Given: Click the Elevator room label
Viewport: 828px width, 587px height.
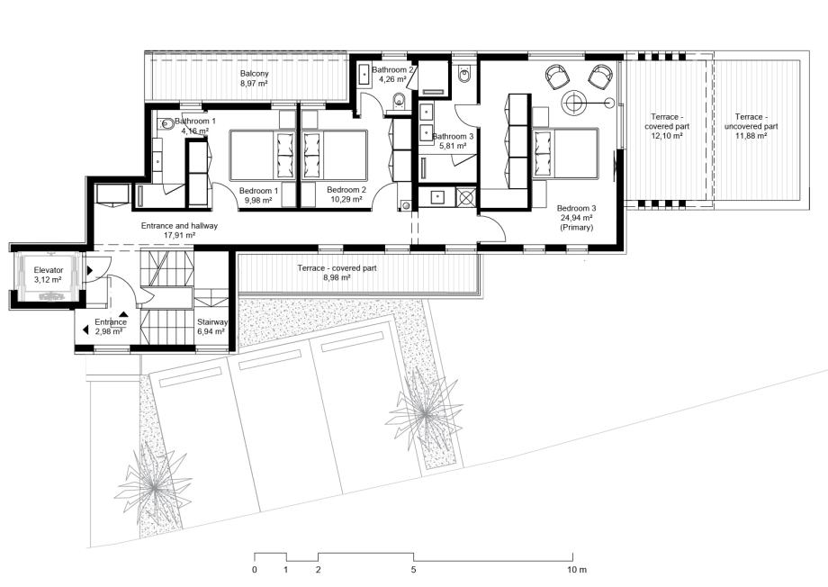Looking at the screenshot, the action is click(x=49, y=275).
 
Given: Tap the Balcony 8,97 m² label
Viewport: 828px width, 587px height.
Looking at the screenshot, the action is click(x=254, y=78).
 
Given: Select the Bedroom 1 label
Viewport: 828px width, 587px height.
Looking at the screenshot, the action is click(x=258, y=195).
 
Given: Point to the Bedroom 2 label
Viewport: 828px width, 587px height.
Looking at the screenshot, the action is click(x=346, y=194).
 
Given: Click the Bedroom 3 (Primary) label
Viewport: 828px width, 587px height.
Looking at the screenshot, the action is click(x=576, y=218).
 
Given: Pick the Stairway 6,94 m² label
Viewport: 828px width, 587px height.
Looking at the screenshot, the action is click(x=212, y=327).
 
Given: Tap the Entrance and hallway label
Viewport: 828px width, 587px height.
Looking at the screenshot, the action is click(x=179, y=230).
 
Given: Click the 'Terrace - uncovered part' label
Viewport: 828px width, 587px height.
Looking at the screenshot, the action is click(x=751, y=126).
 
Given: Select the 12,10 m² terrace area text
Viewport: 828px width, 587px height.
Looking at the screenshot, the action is click(x=667, y=136).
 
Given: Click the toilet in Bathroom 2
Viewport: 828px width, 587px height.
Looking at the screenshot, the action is click(x=400, y=100).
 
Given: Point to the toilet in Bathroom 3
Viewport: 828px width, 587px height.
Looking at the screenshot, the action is click(x=464, y=75).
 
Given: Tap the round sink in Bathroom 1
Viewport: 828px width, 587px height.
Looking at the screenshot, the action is click(x=167, y=124).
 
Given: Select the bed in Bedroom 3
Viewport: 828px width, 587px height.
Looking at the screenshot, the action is click(x=565, y=153).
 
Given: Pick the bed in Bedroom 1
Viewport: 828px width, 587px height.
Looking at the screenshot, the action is click(x=263, y=156).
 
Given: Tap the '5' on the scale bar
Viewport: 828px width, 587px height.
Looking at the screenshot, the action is click(x=413, y=570).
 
